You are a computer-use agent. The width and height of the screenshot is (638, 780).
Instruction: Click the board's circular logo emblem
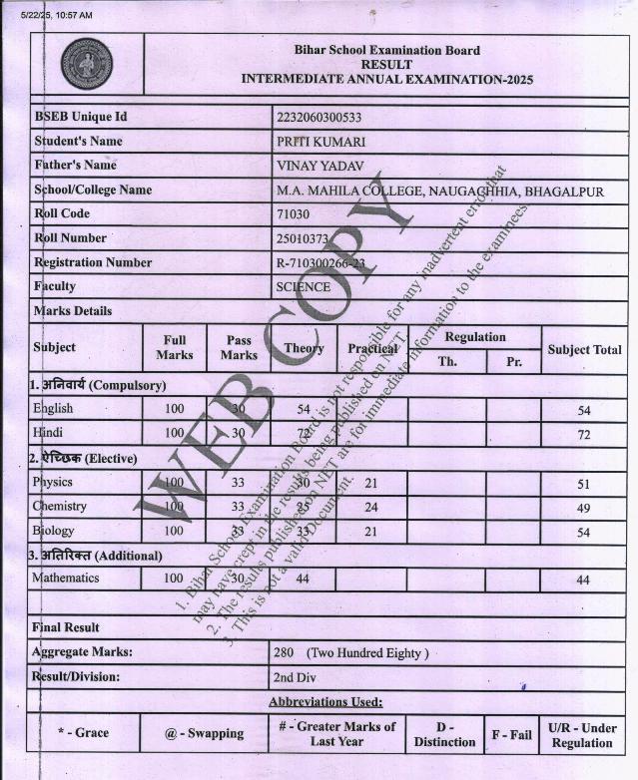[x=86, y=65]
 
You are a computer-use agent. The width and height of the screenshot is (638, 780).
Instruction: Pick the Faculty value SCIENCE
[x=303, y=287]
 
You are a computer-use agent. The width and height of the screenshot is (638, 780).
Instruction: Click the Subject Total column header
[x=584, y=349]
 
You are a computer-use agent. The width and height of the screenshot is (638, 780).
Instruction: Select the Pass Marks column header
[x=239, y=348]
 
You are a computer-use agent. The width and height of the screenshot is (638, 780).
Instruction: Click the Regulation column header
[x=474, y=337]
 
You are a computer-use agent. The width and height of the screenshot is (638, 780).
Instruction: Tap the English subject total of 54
[x=584, y=410]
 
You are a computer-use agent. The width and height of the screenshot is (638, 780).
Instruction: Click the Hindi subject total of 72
[x=584, y=435]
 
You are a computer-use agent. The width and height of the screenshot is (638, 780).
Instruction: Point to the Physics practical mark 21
[x=370, y=484]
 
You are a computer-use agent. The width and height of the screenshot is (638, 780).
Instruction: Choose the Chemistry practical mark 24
[x=370, y=508]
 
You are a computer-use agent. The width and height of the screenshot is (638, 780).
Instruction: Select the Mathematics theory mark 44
[x=303, y=580]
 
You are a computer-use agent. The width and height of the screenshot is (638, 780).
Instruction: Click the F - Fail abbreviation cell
[x=511, y=734]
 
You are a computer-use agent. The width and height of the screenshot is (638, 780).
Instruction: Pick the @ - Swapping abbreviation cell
[x=204, y=734]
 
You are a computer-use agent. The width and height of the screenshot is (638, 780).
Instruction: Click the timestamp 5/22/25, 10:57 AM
[x=56, y=15]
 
